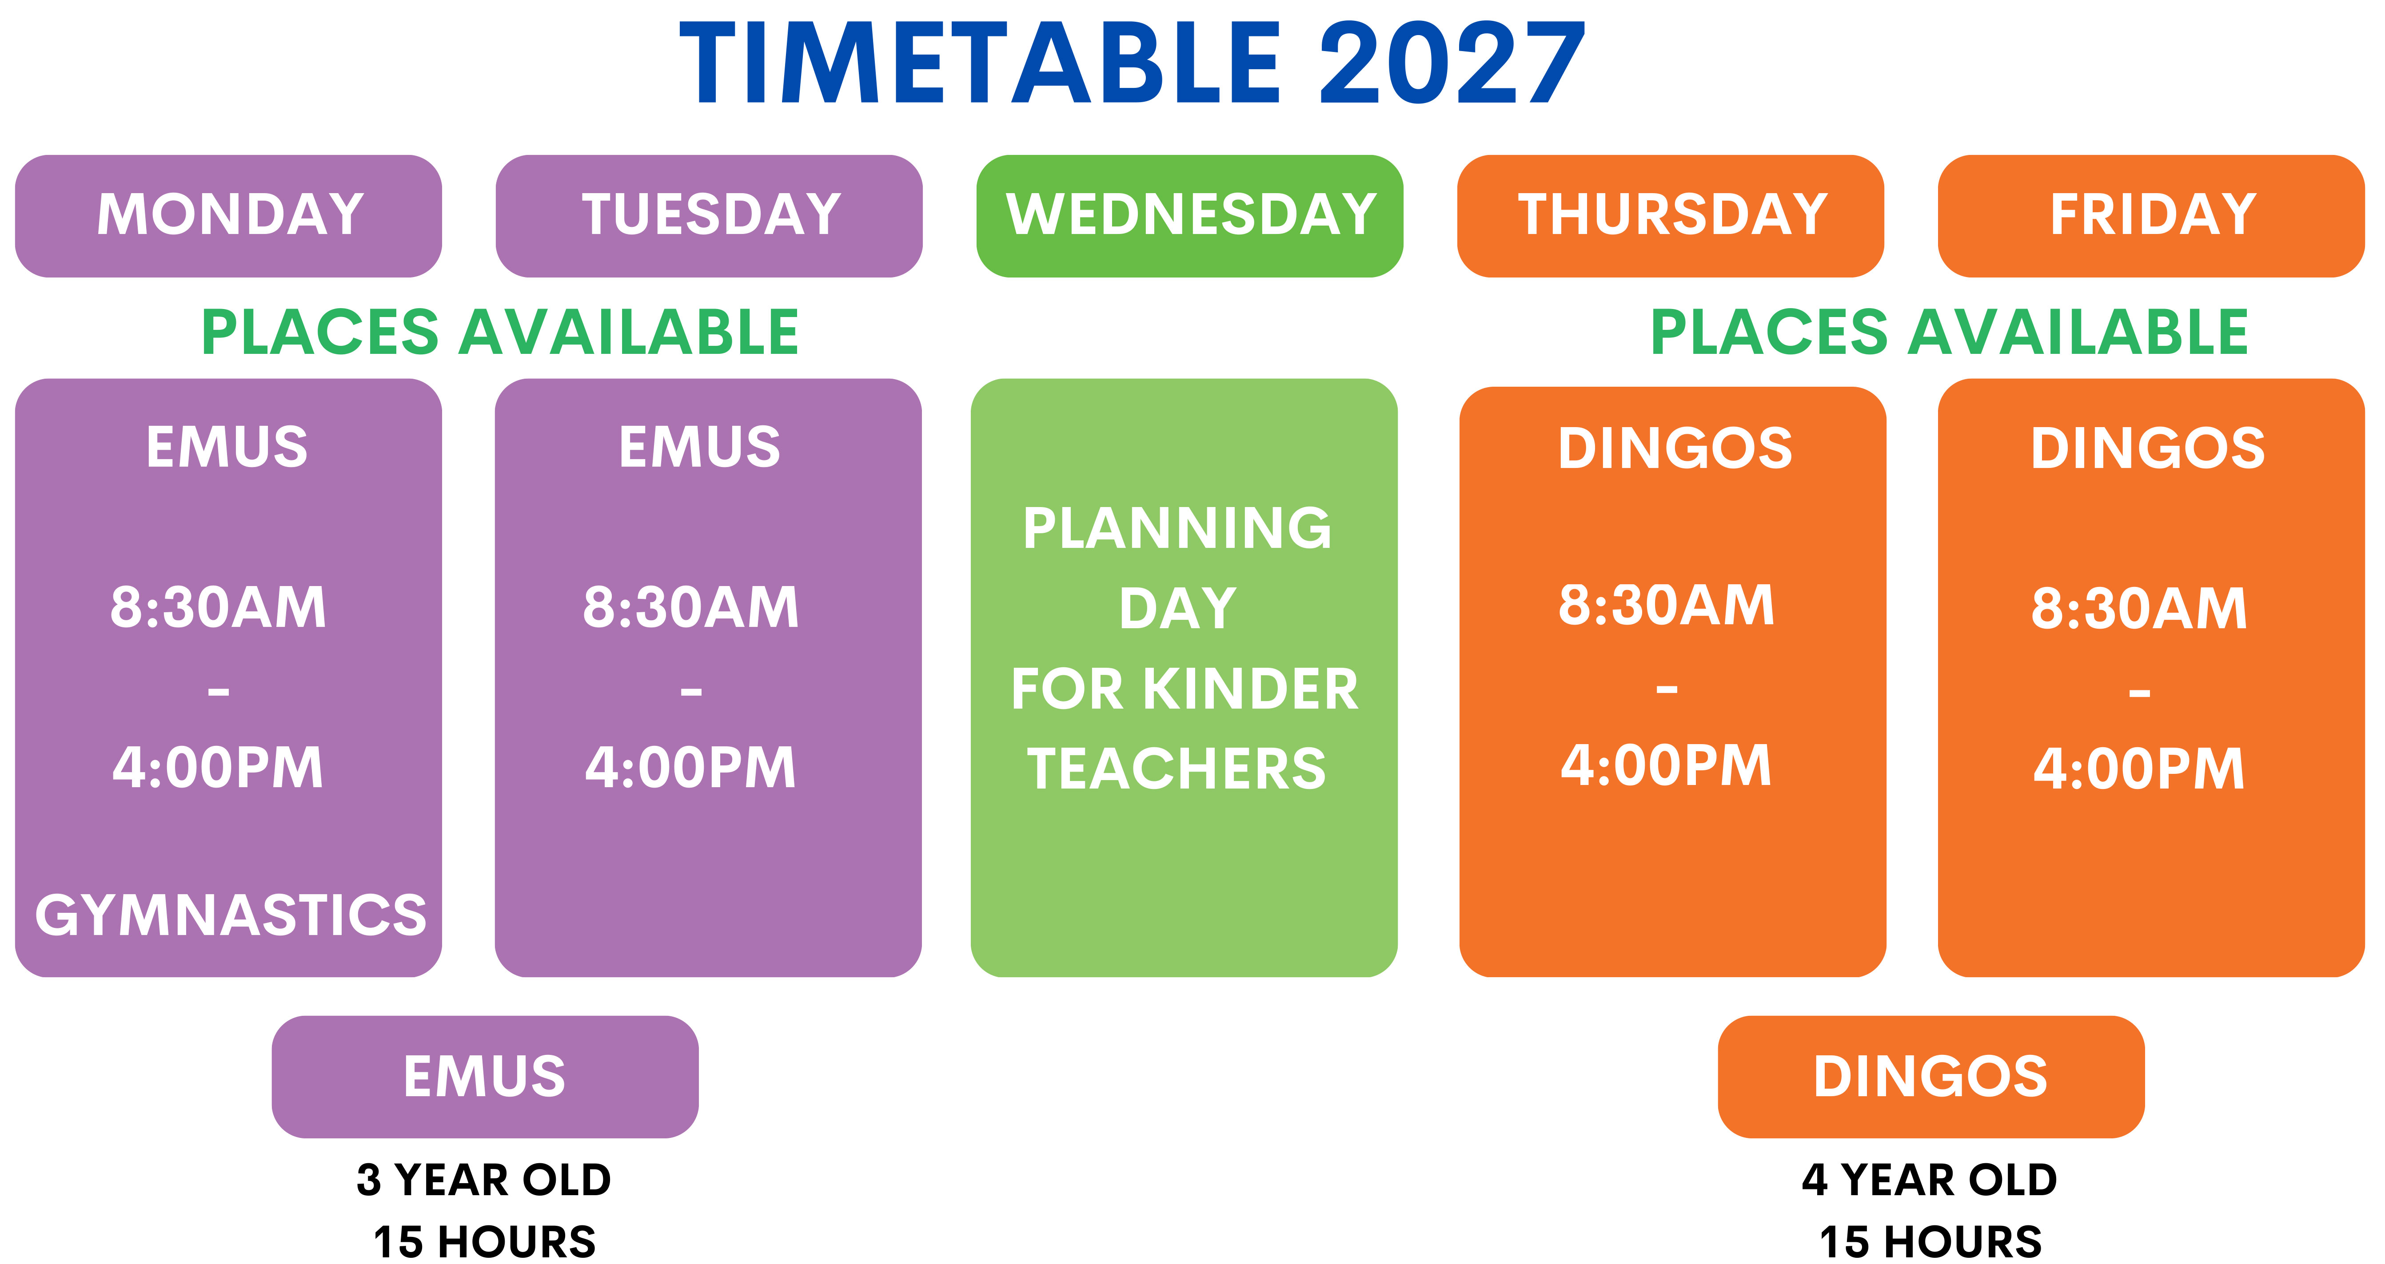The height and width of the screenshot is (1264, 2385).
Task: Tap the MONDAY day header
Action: click(229, 216)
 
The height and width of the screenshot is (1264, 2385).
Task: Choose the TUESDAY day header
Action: click(709, 216)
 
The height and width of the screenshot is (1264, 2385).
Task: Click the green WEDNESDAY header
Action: click(1190, 216)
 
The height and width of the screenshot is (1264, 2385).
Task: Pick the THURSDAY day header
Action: click(1671, 216)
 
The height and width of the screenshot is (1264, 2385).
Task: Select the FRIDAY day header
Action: click(2152, 216)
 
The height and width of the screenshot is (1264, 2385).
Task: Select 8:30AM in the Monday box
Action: click(219, 608)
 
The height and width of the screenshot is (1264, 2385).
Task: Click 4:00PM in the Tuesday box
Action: click(691, 768)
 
